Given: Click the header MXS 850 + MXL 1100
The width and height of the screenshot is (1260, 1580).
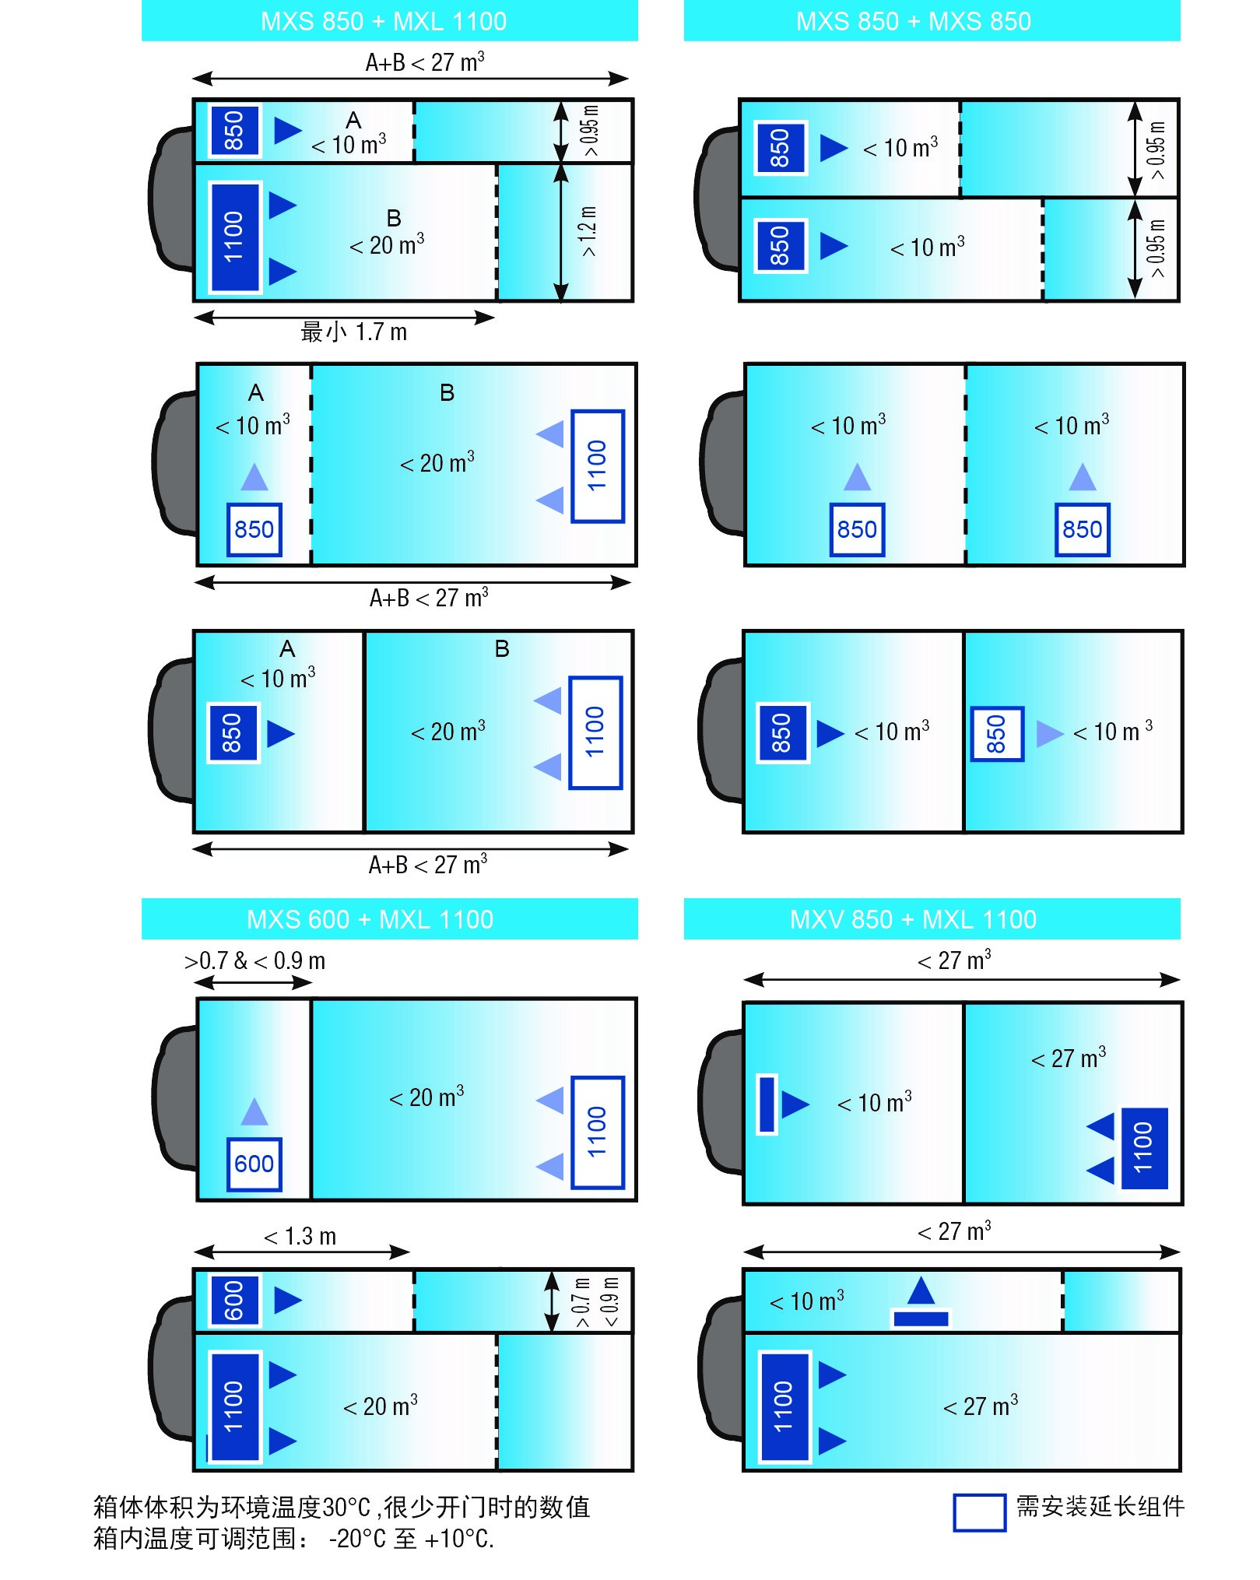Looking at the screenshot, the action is click(384, 21).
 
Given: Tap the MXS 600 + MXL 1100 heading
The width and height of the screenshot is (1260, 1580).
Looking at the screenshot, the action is click(370, 919).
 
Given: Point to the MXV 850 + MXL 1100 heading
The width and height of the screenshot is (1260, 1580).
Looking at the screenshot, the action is click(913, 919).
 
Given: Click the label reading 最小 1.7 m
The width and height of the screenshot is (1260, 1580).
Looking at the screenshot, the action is click(354, 332).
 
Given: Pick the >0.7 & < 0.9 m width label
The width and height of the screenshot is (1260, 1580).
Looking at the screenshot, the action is click(254, 961).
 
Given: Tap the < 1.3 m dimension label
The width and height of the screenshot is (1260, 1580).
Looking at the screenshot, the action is click(300, 1236).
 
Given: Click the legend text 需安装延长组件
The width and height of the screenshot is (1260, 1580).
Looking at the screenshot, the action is click(1100, 1506).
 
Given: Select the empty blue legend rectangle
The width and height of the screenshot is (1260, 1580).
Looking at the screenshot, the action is click(979, 1513).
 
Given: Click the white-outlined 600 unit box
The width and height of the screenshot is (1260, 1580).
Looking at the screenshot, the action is click(254, 1164).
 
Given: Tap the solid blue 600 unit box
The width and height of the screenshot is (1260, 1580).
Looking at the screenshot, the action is click(234, 1301).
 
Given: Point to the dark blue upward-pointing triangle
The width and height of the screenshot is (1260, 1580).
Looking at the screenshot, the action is click(921, 1291).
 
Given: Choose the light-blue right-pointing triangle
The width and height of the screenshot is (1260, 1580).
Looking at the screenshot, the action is click(1050, 733).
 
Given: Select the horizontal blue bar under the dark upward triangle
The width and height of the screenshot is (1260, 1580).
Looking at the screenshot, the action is click(921, 1318).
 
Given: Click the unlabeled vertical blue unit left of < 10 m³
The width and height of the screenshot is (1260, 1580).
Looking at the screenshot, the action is click(767, 1104).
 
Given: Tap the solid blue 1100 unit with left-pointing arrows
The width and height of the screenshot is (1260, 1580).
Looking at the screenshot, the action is click(1144, 1148).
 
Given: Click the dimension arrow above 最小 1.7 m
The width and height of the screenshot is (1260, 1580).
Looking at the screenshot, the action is click(344, 318).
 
